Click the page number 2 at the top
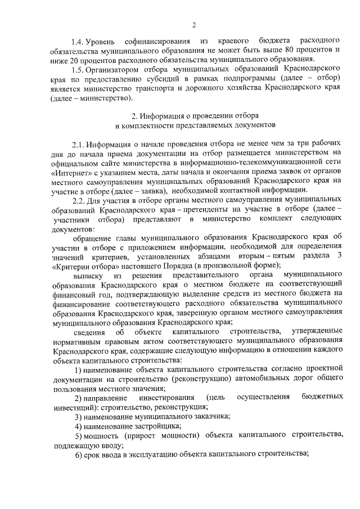pyautogui.click(x=193, y=25)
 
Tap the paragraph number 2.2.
pyautogui.click(x=79, y=200)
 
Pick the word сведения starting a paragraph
pyautogui.click(x=90, y=330)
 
